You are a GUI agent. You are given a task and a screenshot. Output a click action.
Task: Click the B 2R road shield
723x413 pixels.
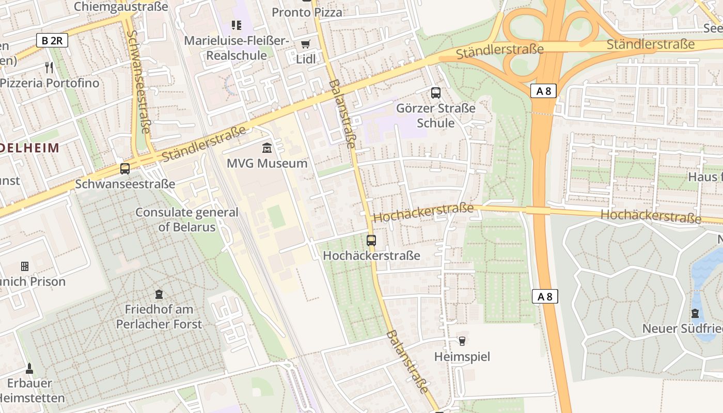(x=52, y=40)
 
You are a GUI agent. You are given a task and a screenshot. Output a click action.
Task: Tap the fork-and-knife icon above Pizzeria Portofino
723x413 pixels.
(x=49, y=67)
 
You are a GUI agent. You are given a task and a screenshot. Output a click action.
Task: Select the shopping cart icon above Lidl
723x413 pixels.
(x=306, y=44)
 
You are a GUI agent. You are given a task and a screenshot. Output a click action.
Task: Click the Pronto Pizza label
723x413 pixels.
(x=307, y=12)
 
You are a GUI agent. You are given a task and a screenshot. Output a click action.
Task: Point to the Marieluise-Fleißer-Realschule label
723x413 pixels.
(x=237, y=48)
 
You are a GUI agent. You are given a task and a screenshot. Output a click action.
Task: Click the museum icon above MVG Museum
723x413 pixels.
(x=267, y=148)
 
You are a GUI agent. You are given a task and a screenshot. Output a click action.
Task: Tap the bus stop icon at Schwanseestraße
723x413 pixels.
(x=124, y=168)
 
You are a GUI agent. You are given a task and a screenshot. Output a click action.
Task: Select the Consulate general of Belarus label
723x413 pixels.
(x=187, y=219)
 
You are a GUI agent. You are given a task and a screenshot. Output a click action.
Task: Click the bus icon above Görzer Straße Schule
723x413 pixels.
(x=436, y=93)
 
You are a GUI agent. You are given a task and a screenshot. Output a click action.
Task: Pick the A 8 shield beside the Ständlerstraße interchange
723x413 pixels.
(x=544, y=91)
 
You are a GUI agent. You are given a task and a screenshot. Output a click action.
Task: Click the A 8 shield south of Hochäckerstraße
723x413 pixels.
(x=545, y=296)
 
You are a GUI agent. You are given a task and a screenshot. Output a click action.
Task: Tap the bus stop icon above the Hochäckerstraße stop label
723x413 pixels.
(x=371, y=240)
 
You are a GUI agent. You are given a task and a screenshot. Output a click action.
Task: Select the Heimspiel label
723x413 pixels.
(x=462, y=357)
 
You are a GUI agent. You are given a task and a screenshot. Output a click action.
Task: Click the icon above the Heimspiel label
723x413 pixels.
(x=462, y=341)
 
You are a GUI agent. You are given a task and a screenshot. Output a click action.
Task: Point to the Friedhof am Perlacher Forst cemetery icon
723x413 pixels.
(x=159, y=294)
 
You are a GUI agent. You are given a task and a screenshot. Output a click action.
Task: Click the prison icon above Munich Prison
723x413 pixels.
(x=25, y=266)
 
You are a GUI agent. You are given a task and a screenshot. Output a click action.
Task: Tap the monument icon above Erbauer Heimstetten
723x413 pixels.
(x=29, y=369)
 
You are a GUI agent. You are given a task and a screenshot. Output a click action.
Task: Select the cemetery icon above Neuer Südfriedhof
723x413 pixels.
(x=695, y=313)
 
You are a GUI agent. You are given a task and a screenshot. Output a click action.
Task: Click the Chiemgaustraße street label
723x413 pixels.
(x=121, y=7)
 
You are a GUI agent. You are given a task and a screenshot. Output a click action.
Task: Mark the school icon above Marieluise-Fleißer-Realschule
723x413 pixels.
(x=237, y=25)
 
